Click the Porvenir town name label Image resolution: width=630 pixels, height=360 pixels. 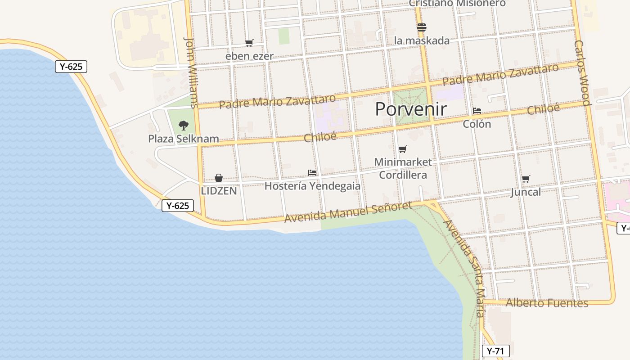(411, 109)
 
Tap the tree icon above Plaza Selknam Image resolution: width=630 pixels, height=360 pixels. (183, 125)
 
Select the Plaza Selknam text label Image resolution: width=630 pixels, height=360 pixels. (184, 139)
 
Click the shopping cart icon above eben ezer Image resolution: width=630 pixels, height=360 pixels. (249, 43)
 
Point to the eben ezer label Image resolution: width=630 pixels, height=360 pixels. (249, 56)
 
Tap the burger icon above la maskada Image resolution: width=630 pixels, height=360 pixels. (421, 27)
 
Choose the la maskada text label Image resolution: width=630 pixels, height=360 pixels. (422, 40)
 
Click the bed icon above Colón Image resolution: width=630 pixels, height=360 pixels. (477, 110)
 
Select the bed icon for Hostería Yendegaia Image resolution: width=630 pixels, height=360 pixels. (312, 172)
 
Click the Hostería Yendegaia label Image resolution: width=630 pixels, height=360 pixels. (312, 186)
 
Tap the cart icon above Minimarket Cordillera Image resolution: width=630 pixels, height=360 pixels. (403, 149)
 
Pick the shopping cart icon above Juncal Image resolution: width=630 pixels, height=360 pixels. (526, 179)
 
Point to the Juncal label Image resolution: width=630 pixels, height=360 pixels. (526, 192)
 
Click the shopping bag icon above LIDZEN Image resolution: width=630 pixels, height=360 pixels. (219, 178)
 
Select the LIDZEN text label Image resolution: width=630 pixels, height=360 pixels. (219, 191)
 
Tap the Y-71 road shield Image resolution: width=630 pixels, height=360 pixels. (495, 351)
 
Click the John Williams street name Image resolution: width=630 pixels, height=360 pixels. (191, 72)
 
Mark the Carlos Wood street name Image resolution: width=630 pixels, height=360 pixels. (582, 73)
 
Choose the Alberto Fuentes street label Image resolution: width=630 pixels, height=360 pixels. (547, 303)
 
